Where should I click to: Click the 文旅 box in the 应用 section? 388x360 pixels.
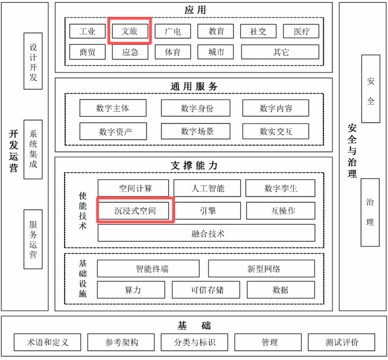(130, 31)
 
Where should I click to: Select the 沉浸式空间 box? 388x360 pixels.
(135, 211)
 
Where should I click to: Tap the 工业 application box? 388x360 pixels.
(87, 31)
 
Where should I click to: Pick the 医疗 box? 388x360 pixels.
(302, 31)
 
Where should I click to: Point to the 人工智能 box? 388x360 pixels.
(207, 188)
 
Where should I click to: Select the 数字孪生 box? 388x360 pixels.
(281, 188)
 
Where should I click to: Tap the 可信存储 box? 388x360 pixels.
(206, 290)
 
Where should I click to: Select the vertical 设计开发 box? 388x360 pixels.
(33, 61)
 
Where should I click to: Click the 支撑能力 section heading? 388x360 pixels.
(194, 165)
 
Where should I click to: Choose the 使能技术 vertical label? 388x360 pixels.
(83, 211)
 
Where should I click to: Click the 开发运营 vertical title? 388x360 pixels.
(13, 152)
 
